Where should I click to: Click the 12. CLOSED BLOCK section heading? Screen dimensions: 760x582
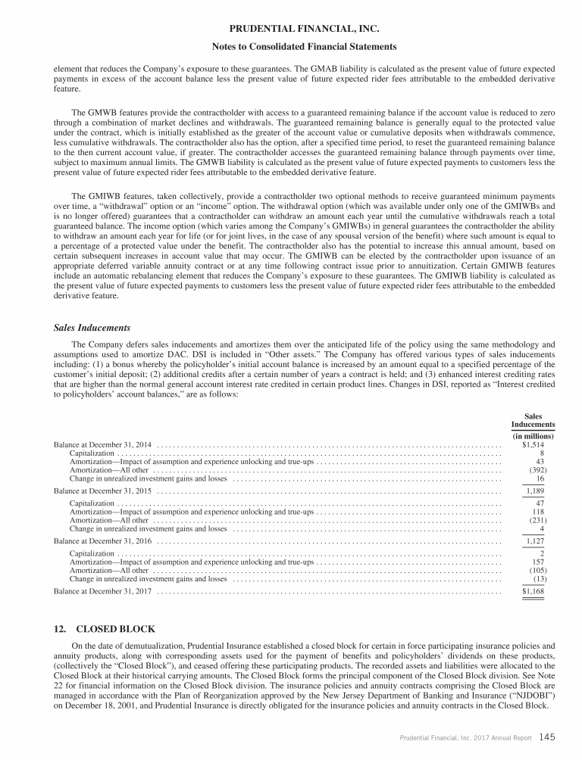(x=105, y=628)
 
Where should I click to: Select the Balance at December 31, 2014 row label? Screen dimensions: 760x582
(x=103, y=445)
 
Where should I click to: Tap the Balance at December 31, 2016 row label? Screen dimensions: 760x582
(x=103, y=541)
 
